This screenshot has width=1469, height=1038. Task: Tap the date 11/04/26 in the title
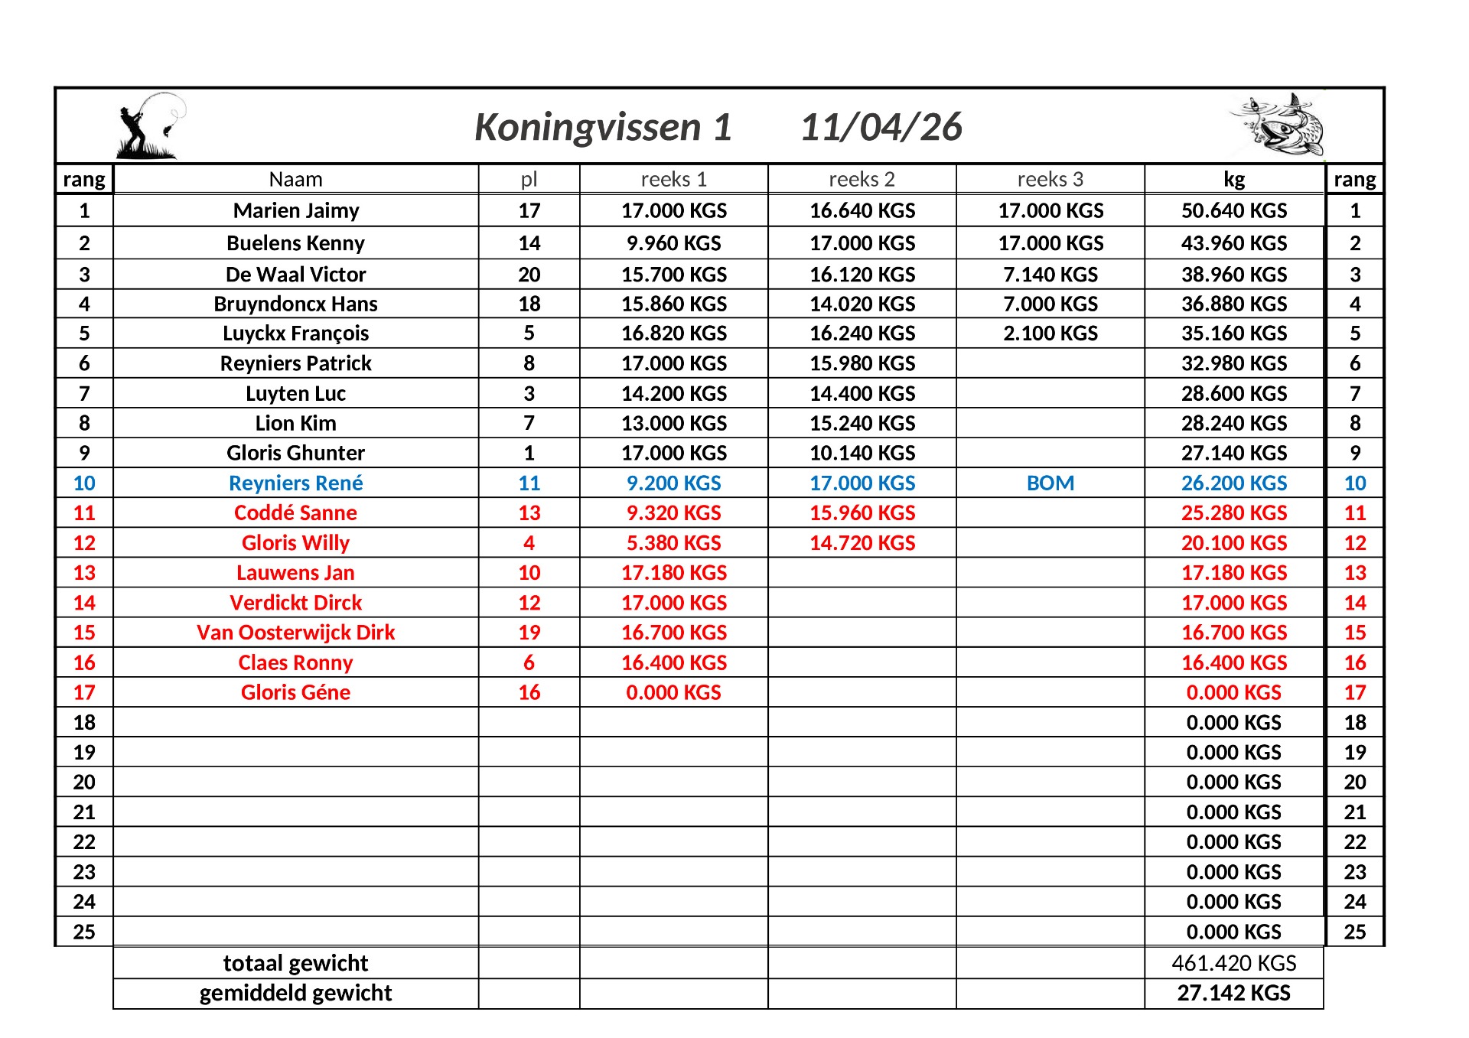881,127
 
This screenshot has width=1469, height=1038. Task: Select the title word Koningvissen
587,127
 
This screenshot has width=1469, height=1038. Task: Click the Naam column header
295,179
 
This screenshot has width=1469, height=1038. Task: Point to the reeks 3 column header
1050,179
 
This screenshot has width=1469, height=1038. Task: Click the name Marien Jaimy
295,210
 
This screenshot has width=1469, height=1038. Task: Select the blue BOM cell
1050,483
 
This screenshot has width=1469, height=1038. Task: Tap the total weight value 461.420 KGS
1233,962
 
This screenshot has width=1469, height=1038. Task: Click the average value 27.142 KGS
1233,993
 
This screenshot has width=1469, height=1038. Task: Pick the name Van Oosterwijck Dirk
295,633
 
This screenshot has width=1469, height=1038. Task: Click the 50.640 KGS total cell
1233,210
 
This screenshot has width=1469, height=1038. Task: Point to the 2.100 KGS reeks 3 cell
1050,334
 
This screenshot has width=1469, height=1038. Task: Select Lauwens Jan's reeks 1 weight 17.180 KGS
673,572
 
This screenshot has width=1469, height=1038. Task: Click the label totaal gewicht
295,962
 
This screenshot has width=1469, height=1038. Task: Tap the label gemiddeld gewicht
295,993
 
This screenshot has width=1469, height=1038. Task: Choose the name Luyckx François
295,334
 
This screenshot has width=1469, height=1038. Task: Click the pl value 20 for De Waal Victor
529,274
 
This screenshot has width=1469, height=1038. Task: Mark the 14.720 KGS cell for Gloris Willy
862,542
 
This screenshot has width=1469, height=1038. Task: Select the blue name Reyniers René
295,483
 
